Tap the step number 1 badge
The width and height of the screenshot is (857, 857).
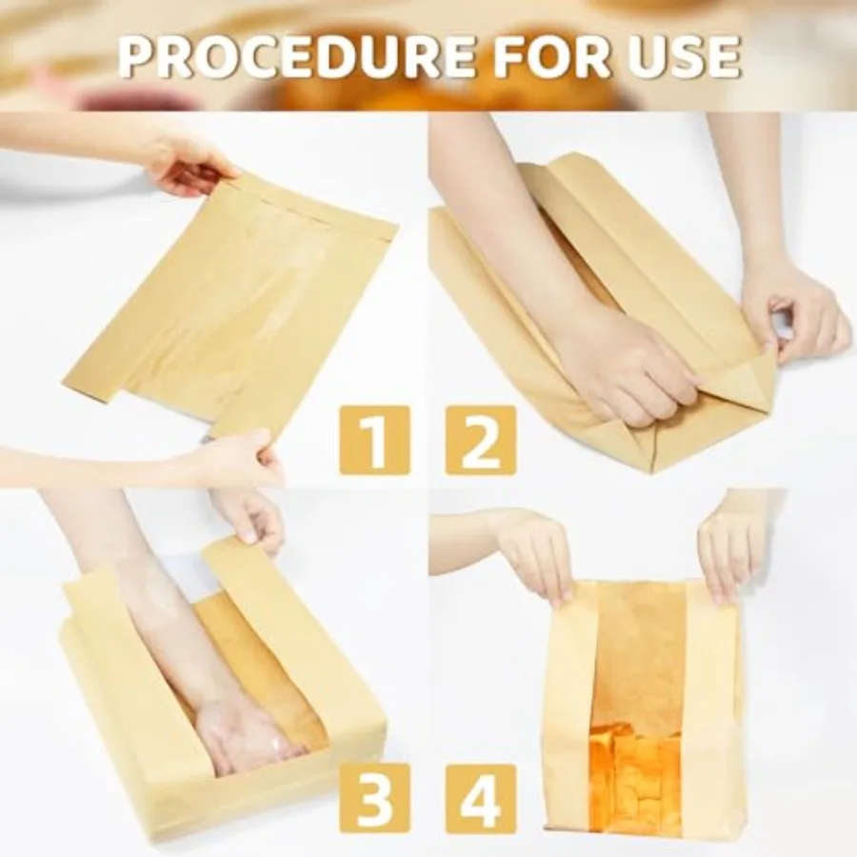point(374,440)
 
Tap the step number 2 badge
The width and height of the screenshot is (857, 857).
point(481,440)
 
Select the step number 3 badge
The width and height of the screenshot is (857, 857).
point(374,798)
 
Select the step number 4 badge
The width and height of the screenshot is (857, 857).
point(481,798)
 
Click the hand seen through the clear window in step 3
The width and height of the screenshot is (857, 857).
point(243,733)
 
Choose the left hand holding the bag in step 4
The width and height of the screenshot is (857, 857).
point(538,552)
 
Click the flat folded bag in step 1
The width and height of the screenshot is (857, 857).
point(238,305)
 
